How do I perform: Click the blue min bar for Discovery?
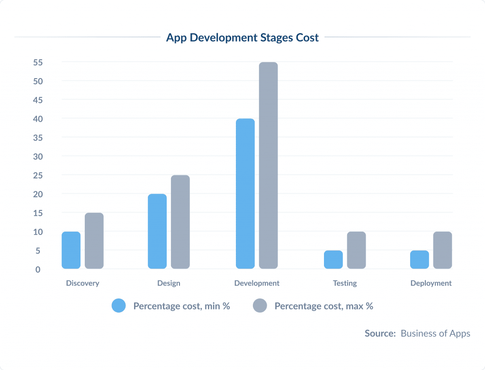[x=71, y=250]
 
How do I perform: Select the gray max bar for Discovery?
[x=94, y=241]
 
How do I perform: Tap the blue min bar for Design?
[x=157, y=231]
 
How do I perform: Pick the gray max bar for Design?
[x=180, y=222]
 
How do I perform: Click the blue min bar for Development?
[x=245, y=193]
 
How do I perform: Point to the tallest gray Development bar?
[x=269, y=165]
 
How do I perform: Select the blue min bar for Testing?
[x=333, y=260]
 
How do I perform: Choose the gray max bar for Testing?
[x=357, y=250]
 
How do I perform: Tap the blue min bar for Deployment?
[x=420, y=260]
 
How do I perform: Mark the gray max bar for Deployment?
[x=443, y=250]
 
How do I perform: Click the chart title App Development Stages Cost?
[x=242, y=38]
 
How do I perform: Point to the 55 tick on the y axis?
[x=38, y=63]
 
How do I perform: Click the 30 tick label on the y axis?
[x=38, y=156]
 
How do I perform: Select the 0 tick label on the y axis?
[x=38, y=270]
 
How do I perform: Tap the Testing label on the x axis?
[x=345, y=283]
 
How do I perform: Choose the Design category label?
[x=169, y=283]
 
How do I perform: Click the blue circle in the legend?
[x=118, y=306]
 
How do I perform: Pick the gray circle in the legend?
[x=260, y=306]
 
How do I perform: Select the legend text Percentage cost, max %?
[x=324, y=306]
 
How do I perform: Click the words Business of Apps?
[x=435, y=334]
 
